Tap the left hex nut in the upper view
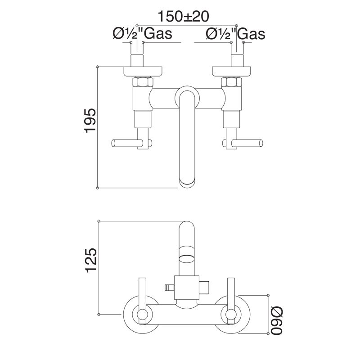[144, 82]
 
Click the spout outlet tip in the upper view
[188, 183]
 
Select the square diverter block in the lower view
[187, 286]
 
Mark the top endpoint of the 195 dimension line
[98, 66]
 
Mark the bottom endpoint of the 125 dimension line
[98, 314]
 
